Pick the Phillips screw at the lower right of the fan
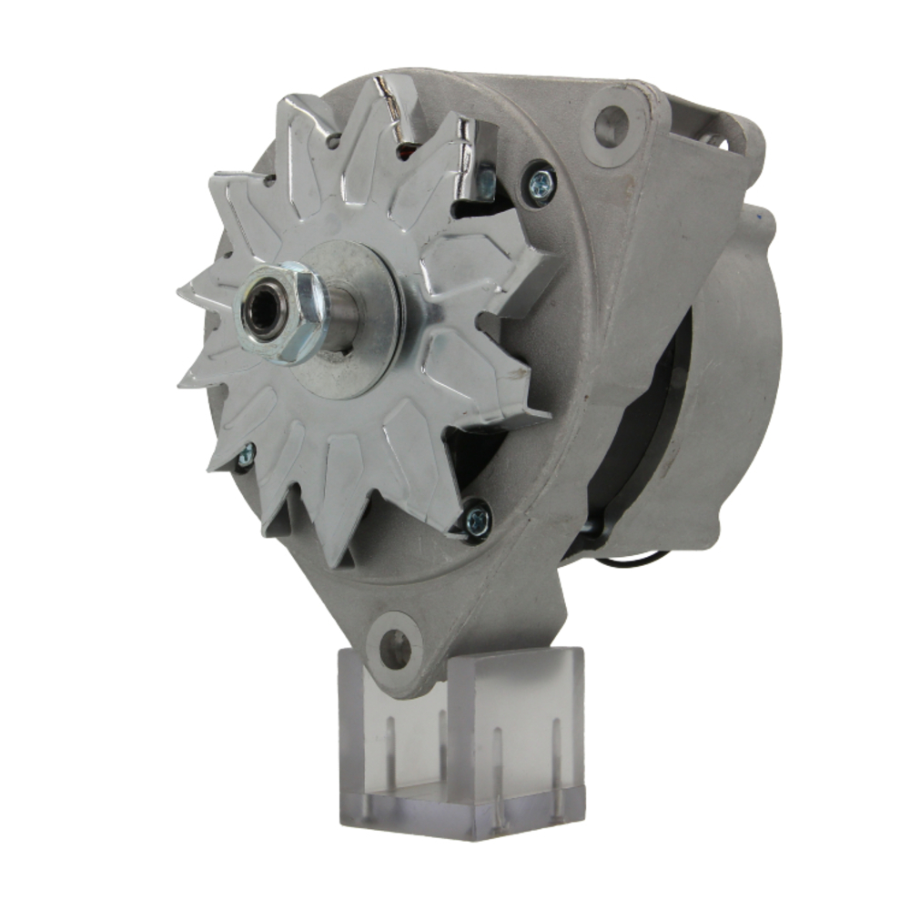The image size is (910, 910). click(476, 520)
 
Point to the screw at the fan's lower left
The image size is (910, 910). click(246, 456)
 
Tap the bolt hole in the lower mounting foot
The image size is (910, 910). click(395, 647)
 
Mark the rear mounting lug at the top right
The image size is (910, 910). click(728, 132)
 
